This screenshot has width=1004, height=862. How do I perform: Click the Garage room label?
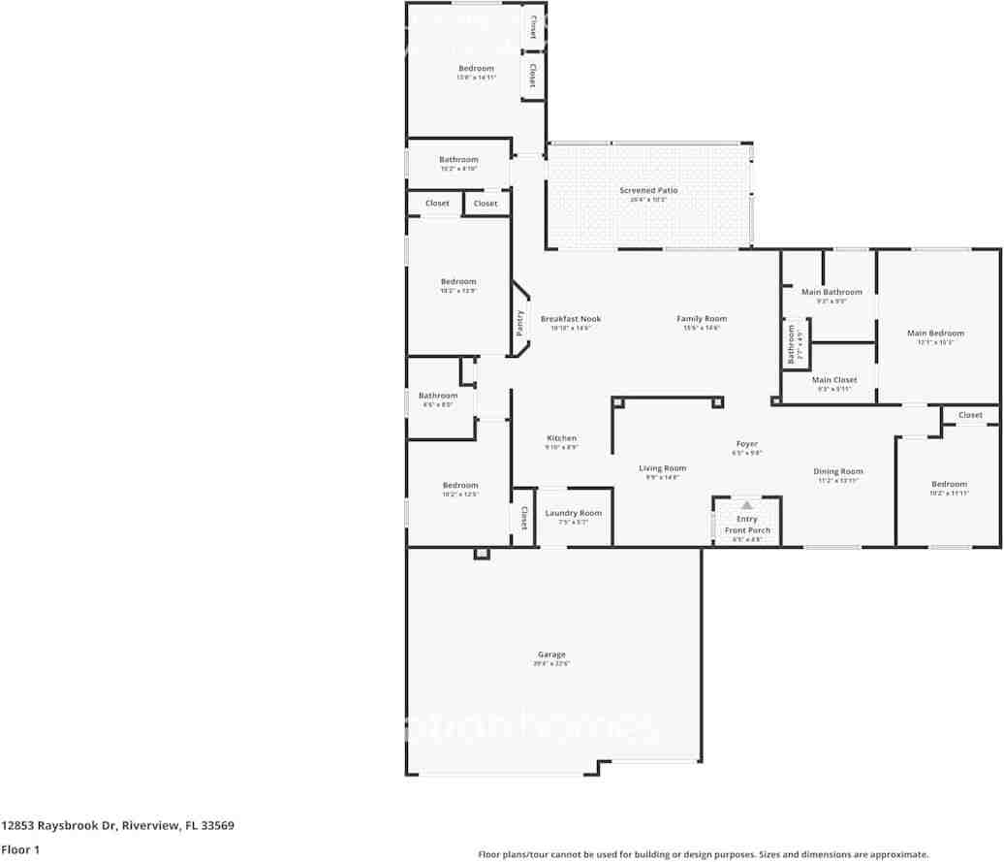tap(552, 654)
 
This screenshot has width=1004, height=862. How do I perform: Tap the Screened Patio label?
tap(648, 190)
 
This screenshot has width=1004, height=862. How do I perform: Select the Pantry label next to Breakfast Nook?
tap(520, 323)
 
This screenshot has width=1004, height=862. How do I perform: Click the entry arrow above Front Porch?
tap(746, 505)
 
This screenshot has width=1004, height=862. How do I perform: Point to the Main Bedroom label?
tap(935, 333)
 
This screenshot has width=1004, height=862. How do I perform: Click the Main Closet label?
tap(833, 380)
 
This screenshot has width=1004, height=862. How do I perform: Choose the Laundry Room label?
tap(573, 513)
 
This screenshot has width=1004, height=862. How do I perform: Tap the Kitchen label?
tap(561, 438)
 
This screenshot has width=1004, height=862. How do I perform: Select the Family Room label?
tap(702, 318)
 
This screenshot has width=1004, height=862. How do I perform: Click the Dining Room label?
tap(837, 471)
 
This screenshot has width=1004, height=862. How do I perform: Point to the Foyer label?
tap(747, 444)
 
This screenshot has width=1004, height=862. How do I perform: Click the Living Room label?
tap(663, 468)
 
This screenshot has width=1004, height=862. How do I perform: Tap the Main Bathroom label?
tap(831, 292)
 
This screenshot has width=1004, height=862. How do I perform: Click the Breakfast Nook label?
tap(571, 318)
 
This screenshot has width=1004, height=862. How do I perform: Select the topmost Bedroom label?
tap(476, 68)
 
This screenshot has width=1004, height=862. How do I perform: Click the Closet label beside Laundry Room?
tap(524, 518)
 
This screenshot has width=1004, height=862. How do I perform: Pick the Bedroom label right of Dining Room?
tap(949, 484)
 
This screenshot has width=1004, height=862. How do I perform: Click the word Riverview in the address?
tap(148, 826)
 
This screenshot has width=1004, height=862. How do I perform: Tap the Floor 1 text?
tap(19, 850)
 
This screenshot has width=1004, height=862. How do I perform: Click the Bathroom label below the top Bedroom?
tap(458, 159)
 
